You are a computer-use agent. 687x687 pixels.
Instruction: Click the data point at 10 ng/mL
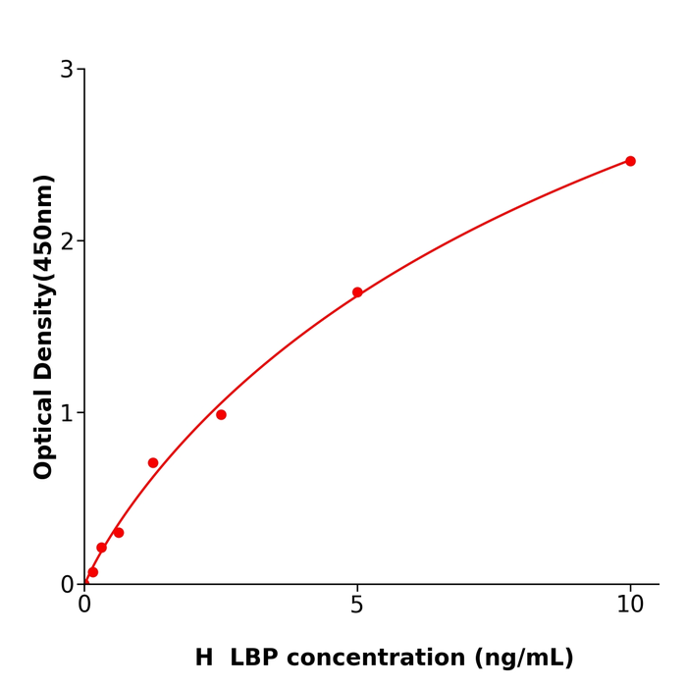point(630,161)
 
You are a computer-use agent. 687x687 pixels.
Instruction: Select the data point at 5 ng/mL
point(357,292)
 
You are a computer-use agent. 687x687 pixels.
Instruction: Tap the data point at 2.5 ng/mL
point(221,415)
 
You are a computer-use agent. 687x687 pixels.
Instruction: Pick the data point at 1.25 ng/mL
point(153,463)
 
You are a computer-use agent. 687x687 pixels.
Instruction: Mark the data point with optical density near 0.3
point(119,533)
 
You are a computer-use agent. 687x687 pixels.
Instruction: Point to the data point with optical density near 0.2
point(101,548)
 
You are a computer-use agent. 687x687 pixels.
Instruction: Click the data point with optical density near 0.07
point(93,572)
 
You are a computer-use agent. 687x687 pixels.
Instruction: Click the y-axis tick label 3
point(67,70)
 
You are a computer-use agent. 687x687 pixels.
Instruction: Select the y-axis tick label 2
point(67,241)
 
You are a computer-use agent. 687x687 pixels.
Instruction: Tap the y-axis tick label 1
point(67,413)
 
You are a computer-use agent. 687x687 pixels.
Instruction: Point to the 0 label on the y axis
point(67,585)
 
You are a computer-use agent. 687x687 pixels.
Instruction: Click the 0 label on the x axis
point(84,606)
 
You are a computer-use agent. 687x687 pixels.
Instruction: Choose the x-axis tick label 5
point(357,606)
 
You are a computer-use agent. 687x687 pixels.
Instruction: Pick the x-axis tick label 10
point(630,606)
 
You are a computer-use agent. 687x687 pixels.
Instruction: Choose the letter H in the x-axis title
point(203,659)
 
